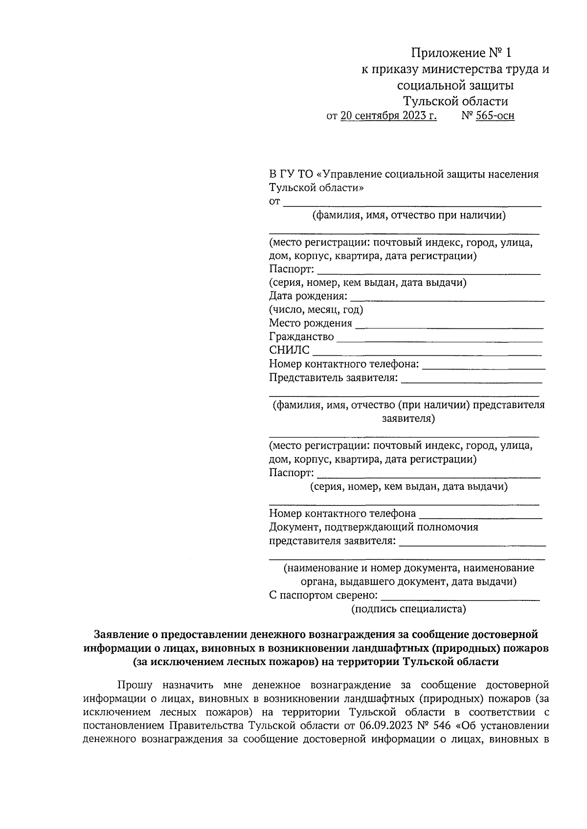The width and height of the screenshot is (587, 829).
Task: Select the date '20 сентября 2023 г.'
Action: point(389,116)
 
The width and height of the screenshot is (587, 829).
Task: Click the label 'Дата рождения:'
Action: point(308,296)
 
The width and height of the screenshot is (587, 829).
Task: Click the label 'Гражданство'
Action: point(301,337)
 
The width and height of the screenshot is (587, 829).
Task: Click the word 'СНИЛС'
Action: point(289,350)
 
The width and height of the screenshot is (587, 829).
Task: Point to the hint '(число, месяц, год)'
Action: point(316,310)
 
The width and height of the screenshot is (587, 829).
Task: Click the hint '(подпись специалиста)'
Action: point(408,609)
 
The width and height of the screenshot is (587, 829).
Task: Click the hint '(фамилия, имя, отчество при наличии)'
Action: point(409,215)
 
